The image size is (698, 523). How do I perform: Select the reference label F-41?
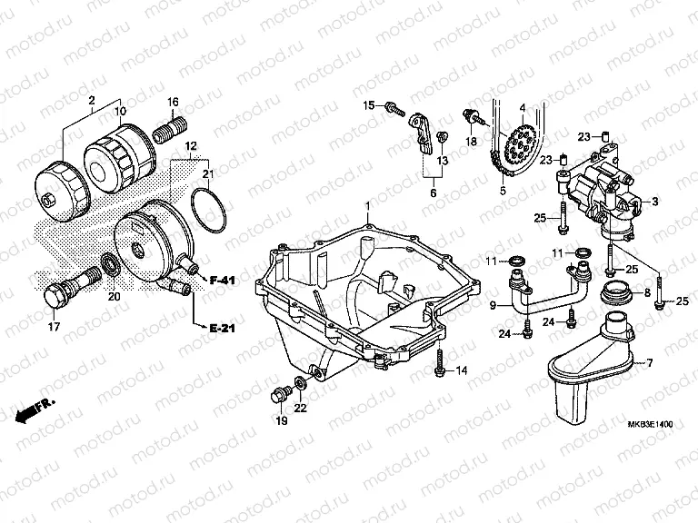[223, 280]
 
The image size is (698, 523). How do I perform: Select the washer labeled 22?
[298, 384]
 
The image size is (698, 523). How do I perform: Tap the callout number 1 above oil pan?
[367, 208]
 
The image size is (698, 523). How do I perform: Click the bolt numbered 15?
[394, 107]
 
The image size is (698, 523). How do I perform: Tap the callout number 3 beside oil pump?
[653, 201]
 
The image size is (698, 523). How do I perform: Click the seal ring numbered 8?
[620, 293]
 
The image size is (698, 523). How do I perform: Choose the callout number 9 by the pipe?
[495, 306]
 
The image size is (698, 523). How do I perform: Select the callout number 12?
[191, 146]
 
